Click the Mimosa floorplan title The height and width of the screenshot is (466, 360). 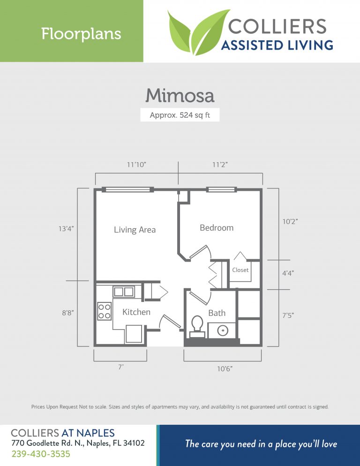click(x=180, y=96)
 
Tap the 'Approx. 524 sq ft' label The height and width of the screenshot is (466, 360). click(x=180, y=115)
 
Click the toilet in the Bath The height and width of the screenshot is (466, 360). click(x=197, y=324)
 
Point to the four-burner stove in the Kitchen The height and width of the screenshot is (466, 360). click(x=104, y=311)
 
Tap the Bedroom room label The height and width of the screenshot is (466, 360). click(x=216, y=228)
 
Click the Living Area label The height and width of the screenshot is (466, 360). click(x=135, y=230)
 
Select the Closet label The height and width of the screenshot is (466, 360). click(x=240, y=270)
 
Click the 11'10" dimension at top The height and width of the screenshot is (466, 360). click(x=137, y=165)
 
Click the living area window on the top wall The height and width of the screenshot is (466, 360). click(x=129, y=189)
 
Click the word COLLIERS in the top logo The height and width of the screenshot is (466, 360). click(x=277, y=26)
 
